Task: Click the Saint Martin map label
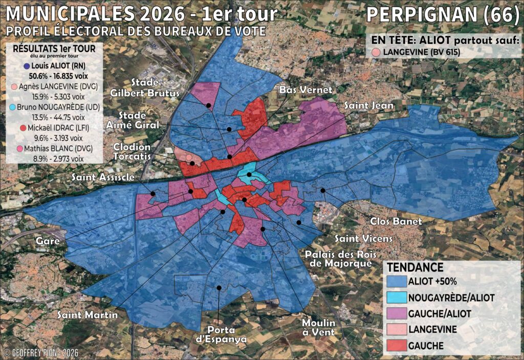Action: tap(87, 314)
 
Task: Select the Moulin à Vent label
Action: tap(318, 328)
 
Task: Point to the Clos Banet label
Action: tap(396, 222)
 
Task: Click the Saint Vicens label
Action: tap(363, 238)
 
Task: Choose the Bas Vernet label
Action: tap(306, 90)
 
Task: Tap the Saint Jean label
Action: tap(368, 105)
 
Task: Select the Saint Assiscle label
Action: tap(103, 177)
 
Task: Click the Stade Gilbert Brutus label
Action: tap(146, 88)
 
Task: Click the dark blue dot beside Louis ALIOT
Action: tap(26, 66)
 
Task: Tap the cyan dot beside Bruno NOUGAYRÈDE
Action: tap(11, 107)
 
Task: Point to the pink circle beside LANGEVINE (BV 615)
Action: tap(376, 52)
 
